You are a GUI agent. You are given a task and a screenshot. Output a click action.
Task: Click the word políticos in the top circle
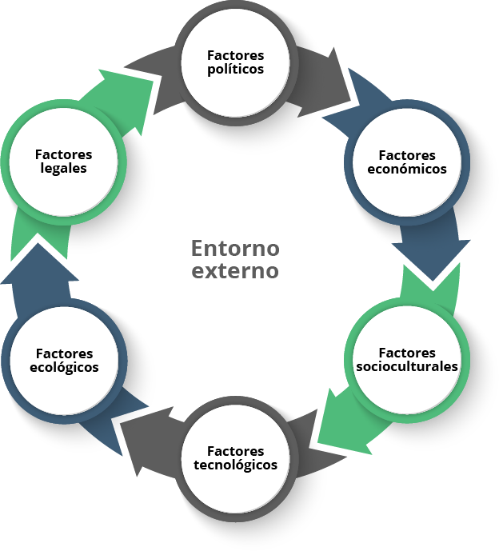tap(235, 69)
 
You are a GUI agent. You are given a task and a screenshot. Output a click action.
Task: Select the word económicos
tap(407, 169)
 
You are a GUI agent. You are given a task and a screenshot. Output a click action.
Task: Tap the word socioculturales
tap(407, 366)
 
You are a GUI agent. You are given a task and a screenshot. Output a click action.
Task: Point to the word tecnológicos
tap(235, 465)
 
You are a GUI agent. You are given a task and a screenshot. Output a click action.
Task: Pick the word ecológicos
tap(64, 367)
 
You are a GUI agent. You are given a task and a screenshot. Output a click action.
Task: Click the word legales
tap(64, 169)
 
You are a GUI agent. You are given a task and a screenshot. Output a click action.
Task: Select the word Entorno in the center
tap(235, 246)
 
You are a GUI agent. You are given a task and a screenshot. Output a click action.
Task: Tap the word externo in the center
tap(235, 270)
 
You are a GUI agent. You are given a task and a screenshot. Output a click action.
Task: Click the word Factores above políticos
tap(235, 55)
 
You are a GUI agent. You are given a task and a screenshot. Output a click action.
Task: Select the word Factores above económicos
tap(407, 155)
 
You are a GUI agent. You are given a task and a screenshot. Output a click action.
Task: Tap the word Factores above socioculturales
tap(407, 353)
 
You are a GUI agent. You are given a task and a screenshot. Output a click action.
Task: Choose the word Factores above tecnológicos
tap(235, 452)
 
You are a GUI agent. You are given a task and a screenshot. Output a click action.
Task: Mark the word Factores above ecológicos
tap(64, 353)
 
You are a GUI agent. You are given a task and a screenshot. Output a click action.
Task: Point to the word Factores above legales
tap(64, 155)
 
